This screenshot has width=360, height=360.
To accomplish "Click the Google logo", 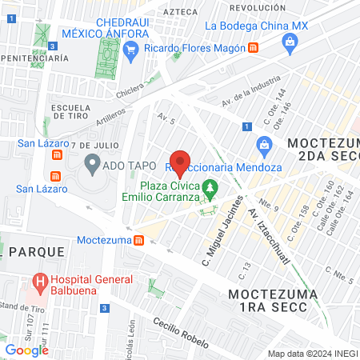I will click(27, 350).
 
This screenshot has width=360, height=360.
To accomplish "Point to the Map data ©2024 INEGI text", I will click(311, 354).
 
